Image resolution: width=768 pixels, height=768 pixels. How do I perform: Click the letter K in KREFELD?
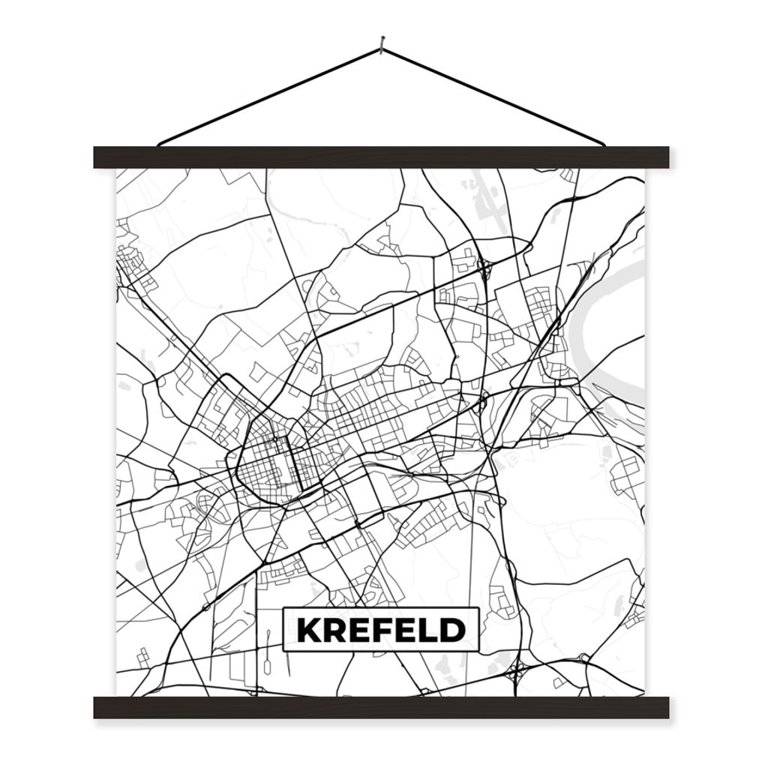tap(309, 631)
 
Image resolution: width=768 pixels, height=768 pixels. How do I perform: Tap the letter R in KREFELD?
tap(335, 631)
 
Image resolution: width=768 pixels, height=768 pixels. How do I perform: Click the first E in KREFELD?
tap(360, 631)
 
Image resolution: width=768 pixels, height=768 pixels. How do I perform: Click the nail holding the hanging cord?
tap(382, 46)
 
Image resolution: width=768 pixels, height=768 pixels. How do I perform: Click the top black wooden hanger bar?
tap(381, 157)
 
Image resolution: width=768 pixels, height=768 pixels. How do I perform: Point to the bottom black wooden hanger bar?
tap(381, 707)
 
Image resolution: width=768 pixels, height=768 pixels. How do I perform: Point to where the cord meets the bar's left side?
tap(160, 144)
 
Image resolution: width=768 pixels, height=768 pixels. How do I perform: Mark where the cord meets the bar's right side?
tap(604, 144)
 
